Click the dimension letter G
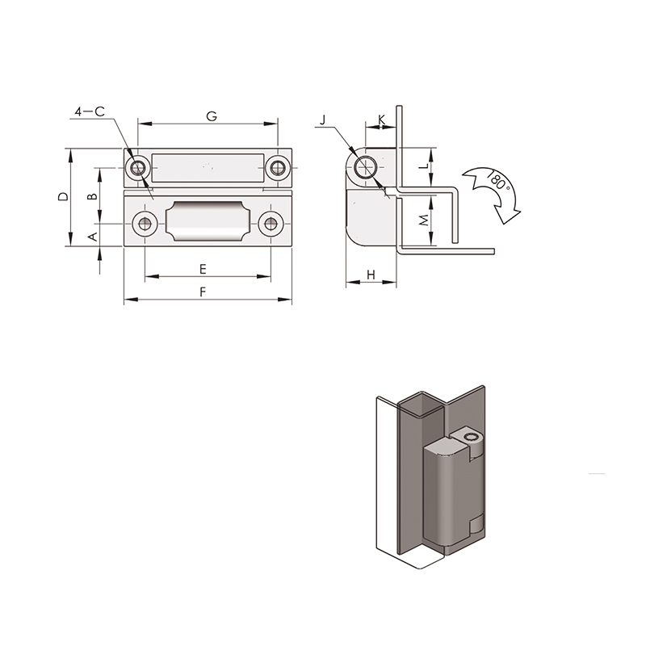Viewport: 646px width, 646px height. pyautogui.click(x=212, y=116)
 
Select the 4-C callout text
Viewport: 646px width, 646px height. pyautogui.click(x=90, y=111)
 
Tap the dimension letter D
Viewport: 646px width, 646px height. pyautogui.click(x=63, y=196)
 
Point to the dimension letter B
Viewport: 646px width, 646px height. pyautogui.click(x=94, y=196)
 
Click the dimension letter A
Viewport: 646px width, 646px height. pyautogui.click(x=94, y=237)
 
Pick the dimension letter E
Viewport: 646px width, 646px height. pyautogui.click(x=203, y=270)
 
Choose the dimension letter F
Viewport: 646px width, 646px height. pyautogui.click(x=203, y=292)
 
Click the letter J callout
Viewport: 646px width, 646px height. pyautogui.click(x=323, y=120)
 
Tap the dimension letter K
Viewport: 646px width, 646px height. pyautogui.click(x=382, y=120)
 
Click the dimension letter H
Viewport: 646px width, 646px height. pyautogui.click(x=371, y=275)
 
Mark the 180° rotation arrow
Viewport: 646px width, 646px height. pyautogui.click(x=494, y=194)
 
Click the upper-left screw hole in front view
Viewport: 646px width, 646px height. pyautogui.click(x=137, y=168)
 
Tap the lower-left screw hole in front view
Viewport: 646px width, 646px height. pyautogui.click(x=145, y=224)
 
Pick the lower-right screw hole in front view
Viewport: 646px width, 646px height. pyautogui.click(x=271, y=224)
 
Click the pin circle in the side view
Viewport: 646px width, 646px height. pyautogui.click(x=365, y=167)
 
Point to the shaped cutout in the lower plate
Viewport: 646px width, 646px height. pyautogui.click(x=208, y=221)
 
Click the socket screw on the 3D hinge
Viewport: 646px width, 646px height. pyautogui.click(x=470, y=438)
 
